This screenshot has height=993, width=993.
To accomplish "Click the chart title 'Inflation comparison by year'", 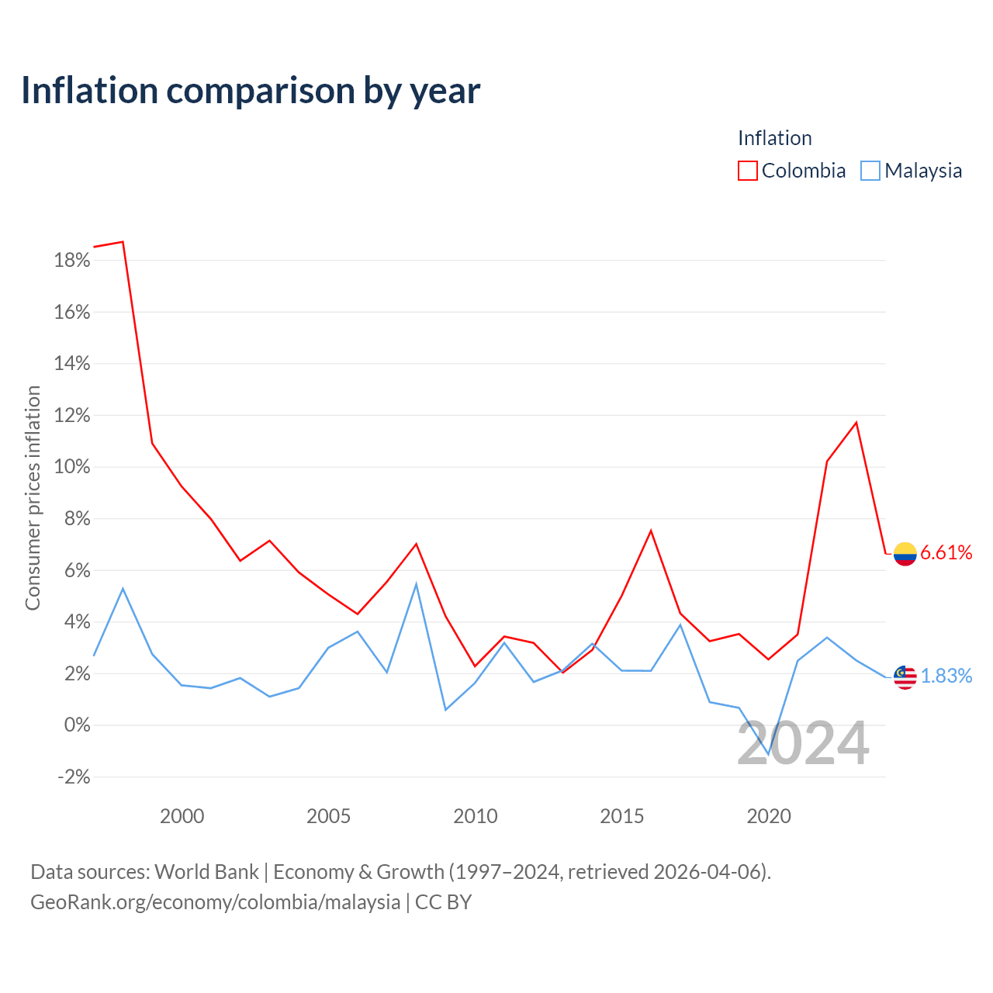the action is tap(251, 91).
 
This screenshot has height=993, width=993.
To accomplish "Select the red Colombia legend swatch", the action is tap(747, 171).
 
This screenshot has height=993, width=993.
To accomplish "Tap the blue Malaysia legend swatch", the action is tap(870, 171).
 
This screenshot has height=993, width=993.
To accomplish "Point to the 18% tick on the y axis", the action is tap(72, 260).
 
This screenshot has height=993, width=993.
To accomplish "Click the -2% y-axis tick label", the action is tap(74, 777).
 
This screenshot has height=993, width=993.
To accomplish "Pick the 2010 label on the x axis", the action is tap(475, 816).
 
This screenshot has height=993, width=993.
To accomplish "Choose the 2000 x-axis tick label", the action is tap(182, 816).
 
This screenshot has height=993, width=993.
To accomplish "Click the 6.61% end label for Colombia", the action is tap(946, 552).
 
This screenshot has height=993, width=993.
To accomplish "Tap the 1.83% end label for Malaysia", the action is tap(946, 676).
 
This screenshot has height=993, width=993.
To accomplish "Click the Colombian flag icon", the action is tap(905, 554).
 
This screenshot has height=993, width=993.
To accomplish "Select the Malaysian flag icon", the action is tap(905, 677).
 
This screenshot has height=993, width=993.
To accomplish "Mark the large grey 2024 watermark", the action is tap(804, 743).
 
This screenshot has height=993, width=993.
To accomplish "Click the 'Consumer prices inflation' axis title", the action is tap(33, 498).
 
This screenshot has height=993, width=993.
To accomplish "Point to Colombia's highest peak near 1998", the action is tap(123, 242).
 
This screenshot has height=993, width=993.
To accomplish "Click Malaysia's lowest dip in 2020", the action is tap(768, 754).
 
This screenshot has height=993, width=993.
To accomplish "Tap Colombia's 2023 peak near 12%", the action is tap(856, 423).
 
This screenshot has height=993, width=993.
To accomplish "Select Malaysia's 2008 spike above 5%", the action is tap(416, 584).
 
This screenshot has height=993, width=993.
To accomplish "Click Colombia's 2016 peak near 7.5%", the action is tap(651, 531).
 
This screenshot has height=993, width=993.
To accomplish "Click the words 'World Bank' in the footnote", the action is tap(206, 872).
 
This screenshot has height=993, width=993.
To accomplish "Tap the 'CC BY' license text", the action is tap(443, 901).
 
